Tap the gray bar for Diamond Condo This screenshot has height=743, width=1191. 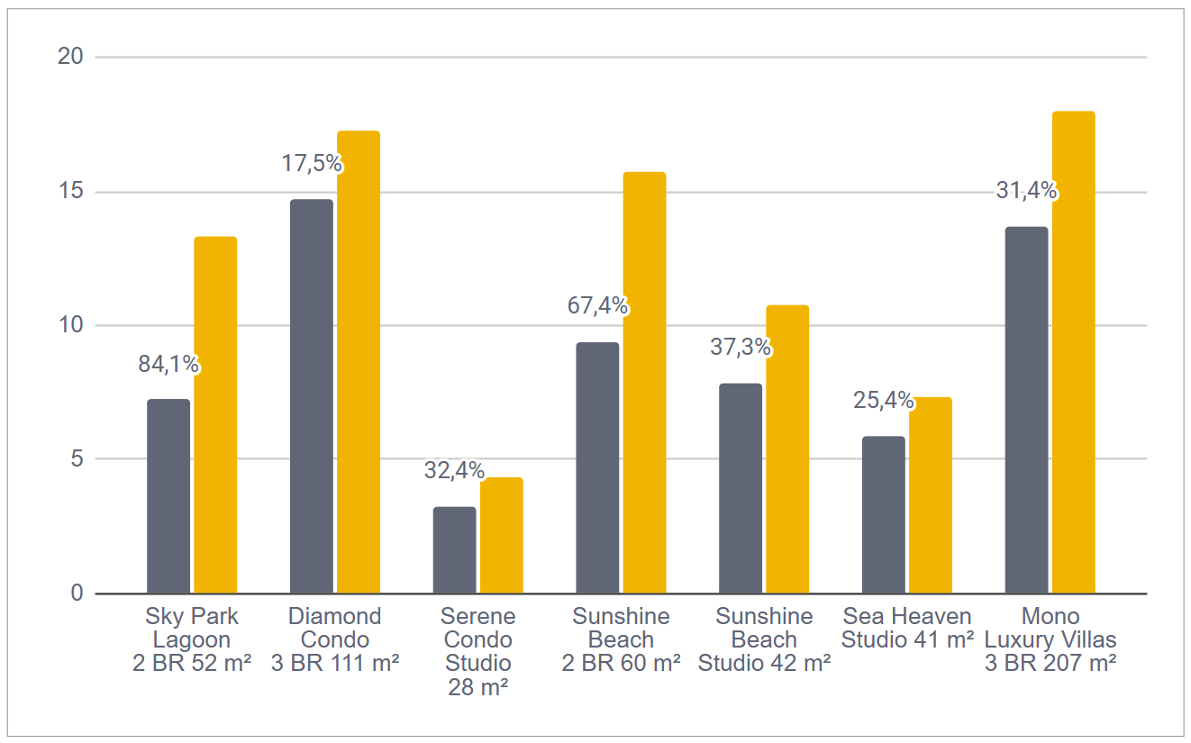point(312,396)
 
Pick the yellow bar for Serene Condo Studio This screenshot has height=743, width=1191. point(501,535)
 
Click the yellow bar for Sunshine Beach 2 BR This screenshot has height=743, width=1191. point(644,382)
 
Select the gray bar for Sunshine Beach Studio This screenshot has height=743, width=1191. point(740,488)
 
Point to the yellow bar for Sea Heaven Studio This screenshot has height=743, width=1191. point(930,494)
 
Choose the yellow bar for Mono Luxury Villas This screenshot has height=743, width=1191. point(1073,351)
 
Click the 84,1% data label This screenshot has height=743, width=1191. point(168,365)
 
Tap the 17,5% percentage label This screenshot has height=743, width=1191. point(312,164)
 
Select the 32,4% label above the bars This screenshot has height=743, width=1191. point(454,470)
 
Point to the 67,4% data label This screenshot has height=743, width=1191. point(597,306)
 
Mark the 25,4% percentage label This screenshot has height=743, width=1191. point(883,400)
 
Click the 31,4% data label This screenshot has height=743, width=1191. point(1026,191)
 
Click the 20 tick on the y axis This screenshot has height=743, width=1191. point(69,57)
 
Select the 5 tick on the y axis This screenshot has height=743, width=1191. point(75,459)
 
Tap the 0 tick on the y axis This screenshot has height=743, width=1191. point(75,593)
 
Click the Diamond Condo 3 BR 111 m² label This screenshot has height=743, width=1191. point(335,640)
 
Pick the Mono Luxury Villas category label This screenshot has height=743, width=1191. point(1050,640)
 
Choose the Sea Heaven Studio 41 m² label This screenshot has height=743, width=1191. point(907,629)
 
